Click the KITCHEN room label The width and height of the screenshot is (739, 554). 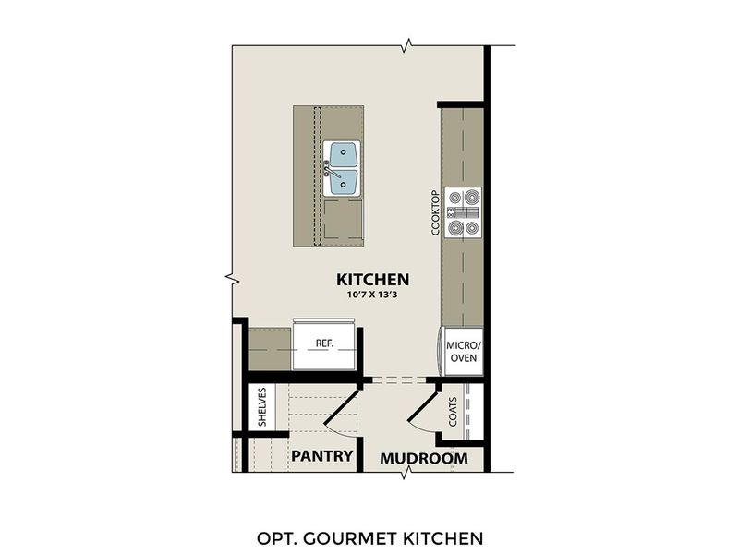tap(372, 279)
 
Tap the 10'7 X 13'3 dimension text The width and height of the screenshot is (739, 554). tap(372, 295)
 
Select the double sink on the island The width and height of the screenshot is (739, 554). tap(342, 168)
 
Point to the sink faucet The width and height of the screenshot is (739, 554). tap(327, 168)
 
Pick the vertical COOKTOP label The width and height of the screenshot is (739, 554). tap(434, 214)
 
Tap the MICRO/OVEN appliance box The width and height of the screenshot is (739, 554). tap(462, 352)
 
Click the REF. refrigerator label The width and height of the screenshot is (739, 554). tap(324, 343)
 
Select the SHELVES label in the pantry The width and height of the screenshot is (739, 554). tap(262, 407)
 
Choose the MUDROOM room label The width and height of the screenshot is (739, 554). tap(424, 458)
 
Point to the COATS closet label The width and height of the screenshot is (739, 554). tap(453, 413)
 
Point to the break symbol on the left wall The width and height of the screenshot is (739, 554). tap(232, 277)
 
